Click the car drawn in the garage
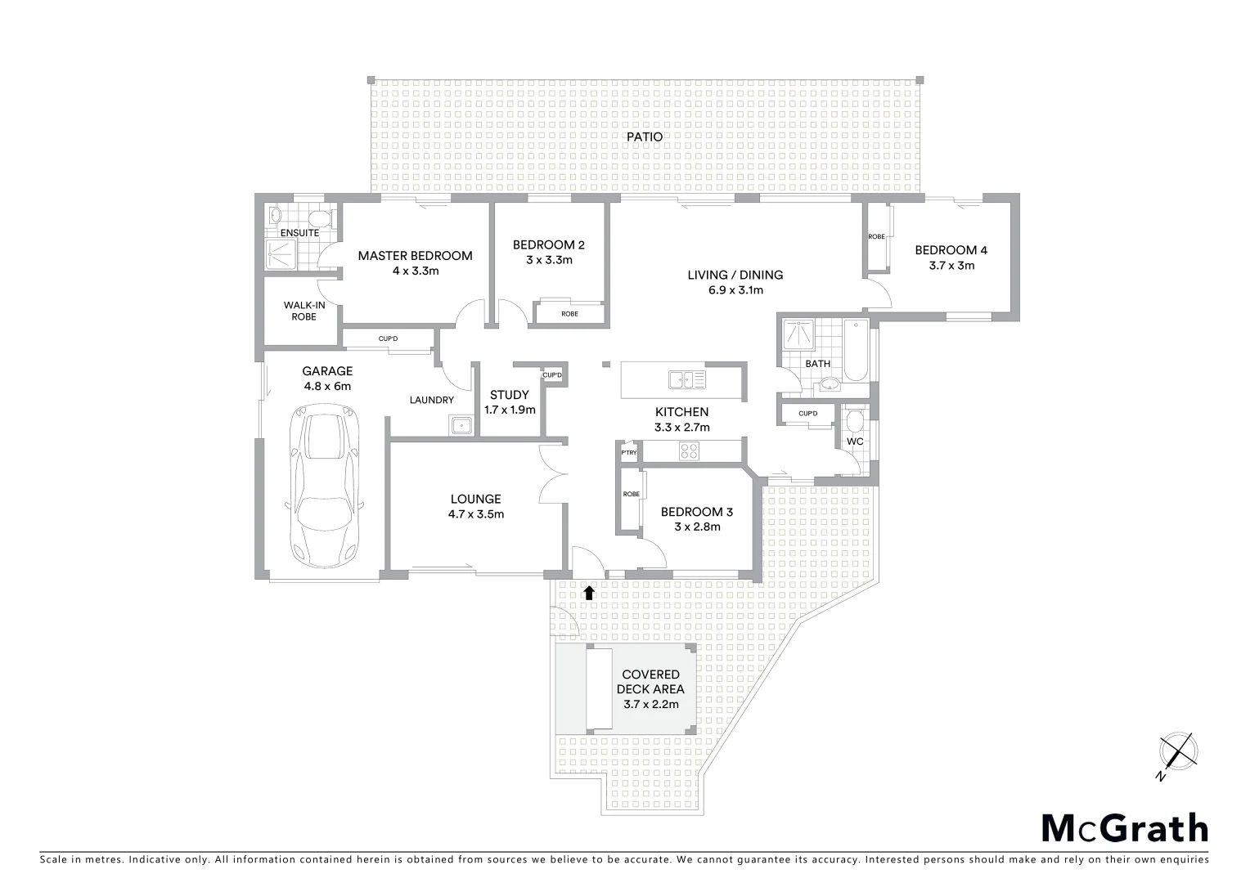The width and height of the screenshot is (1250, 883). coord(326,489)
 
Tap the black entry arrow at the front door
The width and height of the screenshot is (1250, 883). coord(588,592)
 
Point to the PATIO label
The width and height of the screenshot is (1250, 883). coord(645,137)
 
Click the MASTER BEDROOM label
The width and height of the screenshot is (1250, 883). coord(415,256)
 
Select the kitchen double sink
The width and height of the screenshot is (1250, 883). coord(686,379)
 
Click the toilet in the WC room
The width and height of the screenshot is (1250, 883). coord(855,423)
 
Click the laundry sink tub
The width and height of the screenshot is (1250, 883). coord(461,425)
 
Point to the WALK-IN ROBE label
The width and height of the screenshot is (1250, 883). coord(304,311)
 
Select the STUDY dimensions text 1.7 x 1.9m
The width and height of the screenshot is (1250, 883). coord(509,410)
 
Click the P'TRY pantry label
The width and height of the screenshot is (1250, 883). coord(628,452)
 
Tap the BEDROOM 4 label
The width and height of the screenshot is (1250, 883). coord(945,250)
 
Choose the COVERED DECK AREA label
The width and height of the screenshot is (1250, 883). coord(650,682)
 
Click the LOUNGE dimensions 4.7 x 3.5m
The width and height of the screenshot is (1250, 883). coord(475,514)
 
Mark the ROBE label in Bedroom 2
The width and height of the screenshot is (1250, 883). coord(569,314)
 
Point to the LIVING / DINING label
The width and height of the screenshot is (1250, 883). coord(735,275)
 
